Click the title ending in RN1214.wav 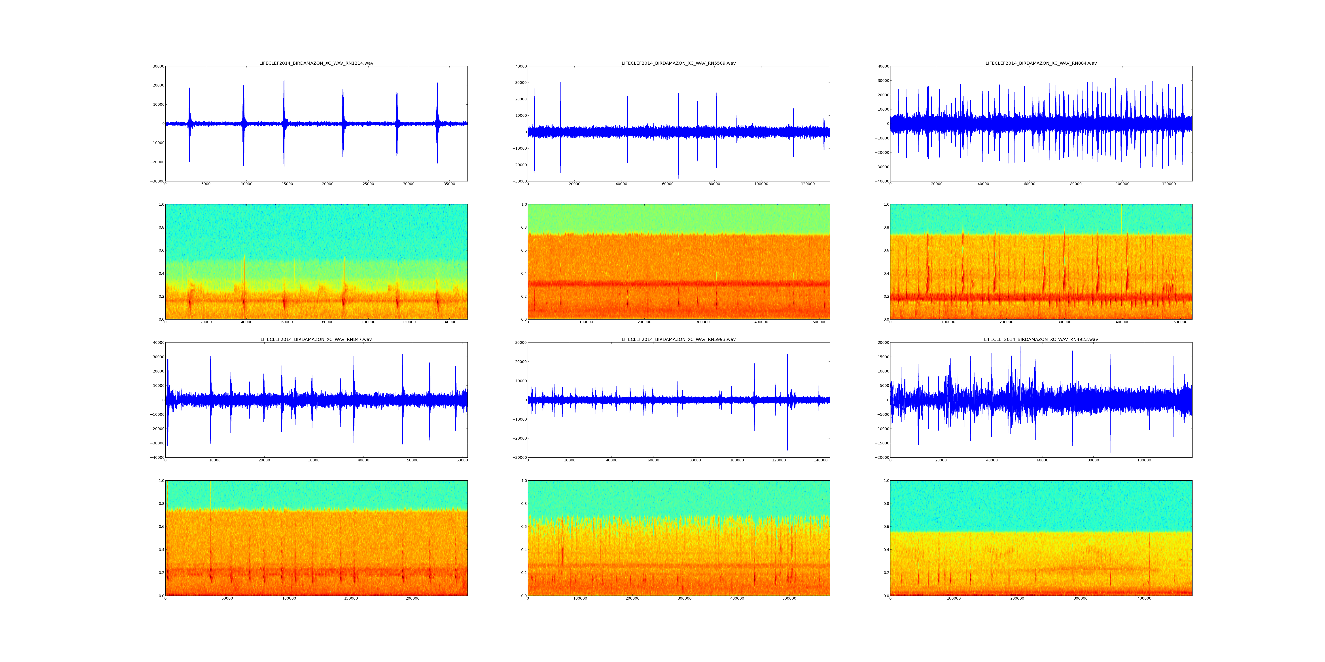(316, 63)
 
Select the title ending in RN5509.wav (678, 63)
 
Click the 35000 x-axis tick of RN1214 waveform (449, 184)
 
